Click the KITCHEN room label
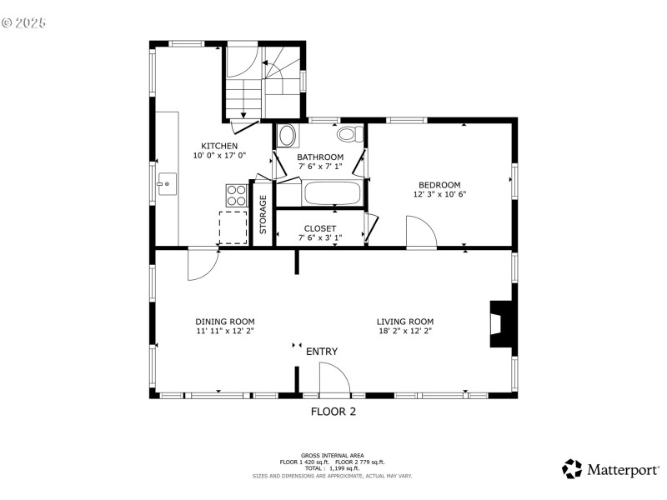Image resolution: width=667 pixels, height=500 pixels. click(x=219, y=146)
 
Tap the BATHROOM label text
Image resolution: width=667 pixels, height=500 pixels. click(x=320, y=157)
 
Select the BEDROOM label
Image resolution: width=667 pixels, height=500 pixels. click(x=439, y=185)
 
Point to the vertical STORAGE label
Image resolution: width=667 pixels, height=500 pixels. click(x=263, y=214)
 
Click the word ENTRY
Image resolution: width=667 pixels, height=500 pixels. click(x=322, y=352)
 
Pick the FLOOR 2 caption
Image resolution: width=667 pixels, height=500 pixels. click(x=333, y=412)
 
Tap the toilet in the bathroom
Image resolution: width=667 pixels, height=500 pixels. click(x=350, y=134)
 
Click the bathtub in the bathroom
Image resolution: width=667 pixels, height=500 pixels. click(x=333, y=193)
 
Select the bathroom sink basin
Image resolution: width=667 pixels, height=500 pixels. click(x=287, y=136)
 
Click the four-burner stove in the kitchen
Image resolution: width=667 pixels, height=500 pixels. click(x=237, y=195)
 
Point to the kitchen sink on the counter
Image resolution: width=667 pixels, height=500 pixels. click(x=168, y=184)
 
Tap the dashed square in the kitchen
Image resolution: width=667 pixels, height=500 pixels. click(x=233, y=227)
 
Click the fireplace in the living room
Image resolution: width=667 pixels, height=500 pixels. click(x=501, y=324)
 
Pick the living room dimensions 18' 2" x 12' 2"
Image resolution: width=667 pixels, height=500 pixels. click(x=405, y=331)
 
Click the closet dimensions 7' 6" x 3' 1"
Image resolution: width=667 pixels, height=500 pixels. click(x=320, y=237)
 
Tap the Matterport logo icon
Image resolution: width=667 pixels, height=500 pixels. click(x=572, y=469)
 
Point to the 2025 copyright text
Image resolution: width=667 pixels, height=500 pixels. click(x=24, y=23)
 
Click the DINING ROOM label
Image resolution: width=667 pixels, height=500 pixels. click(x=225, y=322)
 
